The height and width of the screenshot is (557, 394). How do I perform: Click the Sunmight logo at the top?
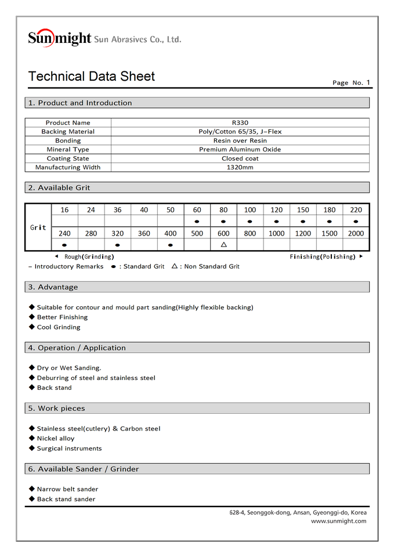click(x=59, y=38)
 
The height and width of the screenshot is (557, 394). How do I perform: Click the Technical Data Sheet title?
click(x=91, y=77)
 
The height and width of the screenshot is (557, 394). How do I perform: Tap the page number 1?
click(x=368, y=82)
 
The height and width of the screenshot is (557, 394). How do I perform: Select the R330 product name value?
click(x=240, y=122)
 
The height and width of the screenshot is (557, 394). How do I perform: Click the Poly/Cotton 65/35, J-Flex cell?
click(x=240, y=132)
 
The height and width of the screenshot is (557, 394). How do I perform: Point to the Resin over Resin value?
click(x=240, y=140)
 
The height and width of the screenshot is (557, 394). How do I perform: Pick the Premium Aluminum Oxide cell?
click(x=240, y=150)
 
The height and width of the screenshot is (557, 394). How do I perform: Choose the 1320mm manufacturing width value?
click(x=240, y=167)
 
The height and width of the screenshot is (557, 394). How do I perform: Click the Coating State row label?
click(x=68, y=158)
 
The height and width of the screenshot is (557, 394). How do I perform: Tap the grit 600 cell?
click(x=223, y=233)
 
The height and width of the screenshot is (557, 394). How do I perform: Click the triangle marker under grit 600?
click(x=223, y=244)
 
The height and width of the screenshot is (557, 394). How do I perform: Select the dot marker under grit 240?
click(x=64, y=245)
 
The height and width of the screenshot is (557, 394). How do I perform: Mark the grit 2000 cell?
click(x=356, y=233)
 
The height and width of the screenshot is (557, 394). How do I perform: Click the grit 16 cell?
click(x=64, y=210)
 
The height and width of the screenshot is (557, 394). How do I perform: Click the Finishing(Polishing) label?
click(x=323, y=256)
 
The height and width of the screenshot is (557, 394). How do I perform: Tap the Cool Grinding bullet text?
click(x=59, y=327)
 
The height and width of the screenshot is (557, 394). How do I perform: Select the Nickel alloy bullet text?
click(x=56, y=439)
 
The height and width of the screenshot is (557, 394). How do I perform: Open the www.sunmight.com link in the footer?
click(x=338, y=521)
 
